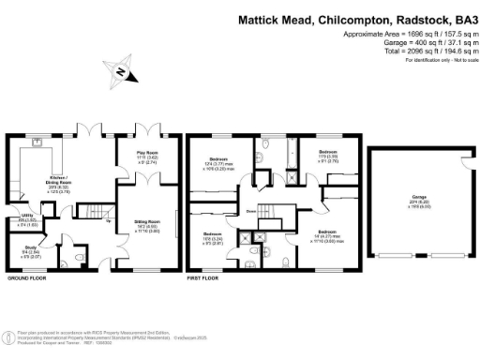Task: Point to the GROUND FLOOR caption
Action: pos(27,279)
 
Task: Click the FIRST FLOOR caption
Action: pos(205,279)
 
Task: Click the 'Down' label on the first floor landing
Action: pos(252,212)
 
